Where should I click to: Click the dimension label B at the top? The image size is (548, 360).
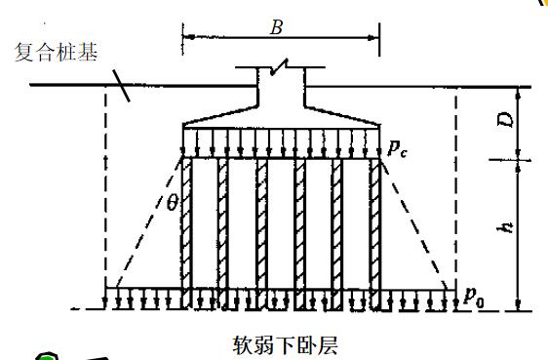pos(276,27)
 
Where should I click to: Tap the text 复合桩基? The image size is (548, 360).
pos(56,53)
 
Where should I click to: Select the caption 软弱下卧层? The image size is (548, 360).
pos(285,345)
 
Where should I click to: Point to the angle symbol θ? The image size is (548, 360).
pos(173,203)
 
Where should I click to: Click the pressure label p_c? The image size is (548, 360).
pos(398,149)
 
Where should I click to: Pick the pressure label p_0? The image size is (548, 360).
pos(474,298)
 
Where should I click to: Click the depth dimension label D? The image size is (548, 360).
pos(506,120)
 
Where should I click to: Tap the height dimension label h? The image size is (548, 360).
pos(506,227)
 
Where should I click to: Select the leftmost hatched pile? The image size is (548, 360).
pos(186,233)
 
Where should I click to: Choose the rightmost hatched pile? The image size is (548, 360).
pos(375,234)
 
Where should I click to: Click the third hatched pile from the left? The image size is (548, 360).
pos(261,234)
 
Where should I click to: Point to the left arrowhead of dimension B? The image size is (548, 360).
pos(189,37)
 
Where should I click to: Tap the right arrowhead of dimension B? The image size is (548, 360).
pos(372,38)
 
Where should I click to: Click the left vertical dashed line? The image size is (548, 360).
pos(105,197)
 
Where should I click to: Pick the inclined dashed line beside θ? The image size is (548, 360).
pos(148,223)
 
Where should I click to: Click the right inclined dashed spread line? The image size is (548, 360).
pos(415,224)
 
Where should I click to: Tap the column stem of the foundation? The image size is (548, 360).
pos(282,88)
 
